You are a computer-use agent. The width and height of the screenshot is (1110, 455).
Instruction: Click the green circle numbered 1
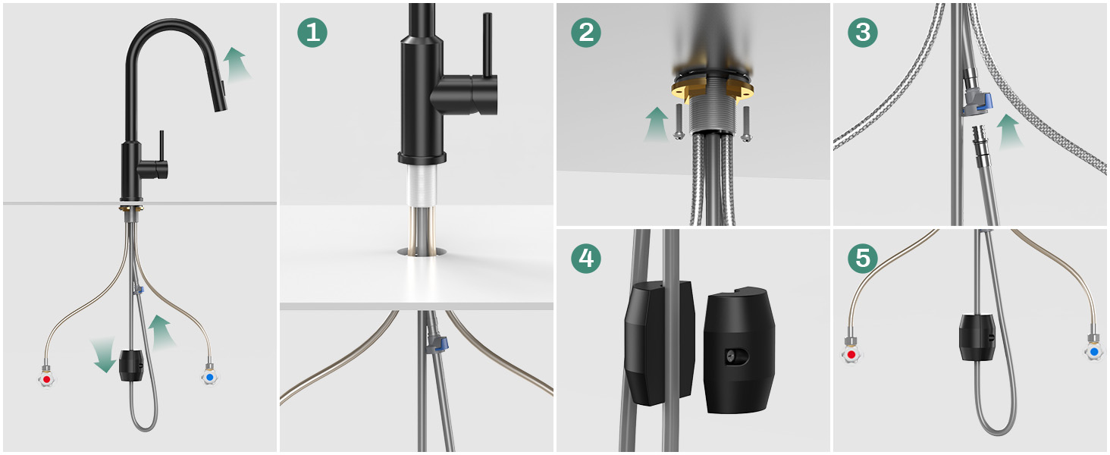pyautogui.click(x=312, y=33)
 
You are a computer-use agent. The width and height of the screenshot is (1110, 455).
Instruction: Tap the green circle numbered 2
pyautogui.click(x=586, y=33)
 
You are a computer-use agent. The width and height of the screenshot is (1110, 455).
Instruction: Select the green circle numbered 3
pyautogui.click(x=863, y=33)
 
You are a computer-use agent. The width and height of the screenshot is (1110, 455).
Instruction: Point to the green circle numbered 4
pyautogui.click(x=586, y=259)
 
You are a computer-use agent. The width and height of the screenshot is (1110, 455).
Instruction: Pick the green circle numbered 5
pyautogui.click(x=863, y=259)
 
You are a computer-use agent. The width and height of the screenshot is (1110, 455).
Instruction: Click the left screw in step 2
pyautogui.click(x=679, y=122)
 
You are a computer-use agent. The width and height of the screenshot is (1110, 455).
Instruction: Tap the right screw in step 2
pyautogui.click(x=746, y=124)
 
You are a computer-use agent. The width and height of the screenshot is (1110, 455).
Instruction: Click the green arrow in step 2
pyautogui.click(x=657, y=124)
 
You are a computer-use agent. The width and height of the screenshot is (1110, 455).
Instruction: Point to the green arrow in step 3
pyautogui.click(x=1009, y=131)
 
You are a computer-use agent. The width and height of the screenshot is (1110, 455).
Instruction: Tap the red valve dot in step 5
pyautogui.click(x=851, y=354)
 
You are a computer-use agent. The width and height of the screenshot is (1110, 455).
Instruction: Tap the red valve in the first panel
pyautogui.click(x=46, y=378)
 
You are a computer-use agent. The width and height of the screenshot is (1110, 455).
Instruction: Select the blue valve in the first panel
pyautogui.click(x=209, y=377)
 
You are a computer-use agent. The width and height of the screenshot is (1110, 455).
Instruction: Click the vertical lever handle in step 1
pyautogui.click(x=488, y=45)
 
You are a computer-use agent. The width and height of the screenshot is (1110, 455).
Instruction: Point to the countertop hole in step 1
pyautogui.click(x=422, y=253)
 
